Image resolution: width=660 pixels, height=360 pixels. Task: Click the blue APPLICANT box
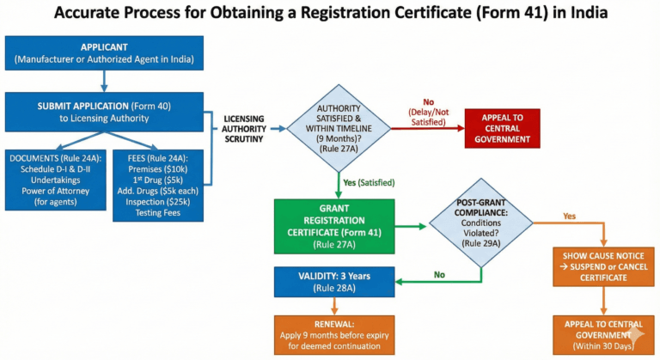click(104, 52)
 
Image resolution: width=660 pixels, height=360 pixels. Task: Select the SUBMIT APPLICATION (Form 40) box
click(104, 112)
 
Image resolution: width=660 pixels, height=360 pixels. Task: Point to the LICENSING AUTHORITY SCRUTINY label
click(244, 129)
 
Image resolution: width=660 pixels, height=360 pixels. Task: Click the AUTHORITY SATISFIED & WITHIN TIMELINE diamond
click(339, 128)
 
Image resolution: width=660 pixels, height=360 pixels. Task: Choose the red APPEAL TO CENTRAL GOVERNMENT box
click(502, 128)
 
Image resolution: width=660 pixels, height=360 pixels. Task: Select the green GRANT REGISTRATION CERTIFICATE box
click(334, 227)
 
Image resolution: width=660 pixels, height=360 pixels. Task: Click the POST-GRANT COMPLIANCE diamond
click(482, 227)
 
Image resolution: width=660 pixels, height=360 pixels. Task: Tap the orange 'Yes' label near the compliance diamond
click(569, 216)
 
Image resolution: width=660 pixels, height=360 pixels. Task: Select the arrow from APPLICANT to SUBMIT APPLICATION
click(104, 80)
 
